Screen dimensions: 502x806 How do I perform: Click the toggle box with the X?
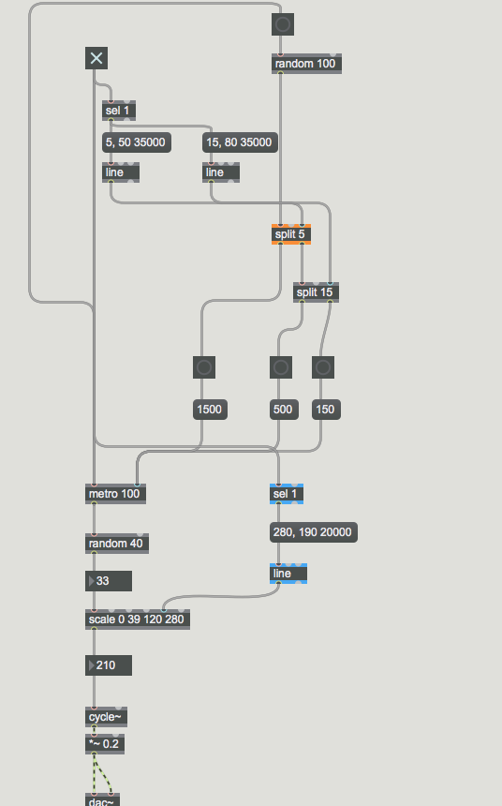coord(96,58)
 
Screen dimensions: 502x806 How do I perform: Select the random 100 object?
coord(306,64)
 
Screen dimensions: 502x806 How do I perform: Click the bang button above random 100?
coord(283,24)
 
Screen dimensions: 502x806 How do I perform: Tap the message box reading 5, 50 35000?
coord(137,142)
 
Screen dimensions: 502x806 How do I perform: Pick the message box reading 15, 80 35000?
coord(240,142)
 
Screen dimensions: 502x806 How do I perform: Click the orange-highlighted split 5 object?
coord(291,234)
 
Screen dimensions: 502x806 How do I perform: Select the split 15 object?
coord(316,292)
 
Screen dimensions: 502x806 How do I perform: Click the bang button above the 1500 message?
coord(204,367)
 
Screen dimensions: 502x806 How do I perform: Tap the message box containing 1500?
coord(210,410)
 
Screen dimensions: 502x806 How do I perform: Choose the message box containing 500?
coord(284,410)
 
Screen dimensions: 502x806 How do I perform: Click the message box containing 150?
coord(326,410)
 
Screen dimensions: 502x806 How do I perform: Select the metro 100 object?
coord(115,494)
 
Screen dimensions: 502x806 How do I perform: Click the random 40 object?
coord(117,544)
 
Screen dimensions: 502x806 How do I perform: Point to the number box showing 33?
coord(109,581)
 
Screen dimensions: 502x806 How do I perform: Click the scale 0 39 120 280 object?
coord(138,619)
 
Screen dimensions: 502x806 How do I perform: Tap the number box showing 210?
coord(109,665)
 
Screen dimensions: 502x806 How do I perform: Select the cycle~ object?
coord(107,717)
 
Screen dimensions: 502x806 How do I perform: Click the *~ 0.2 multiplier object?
coord(105,744)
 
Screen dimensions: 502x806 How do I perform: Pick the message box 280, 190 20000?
coord(314,532)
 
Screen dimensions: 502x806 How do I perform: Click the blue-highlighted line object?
coord(288,574)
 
